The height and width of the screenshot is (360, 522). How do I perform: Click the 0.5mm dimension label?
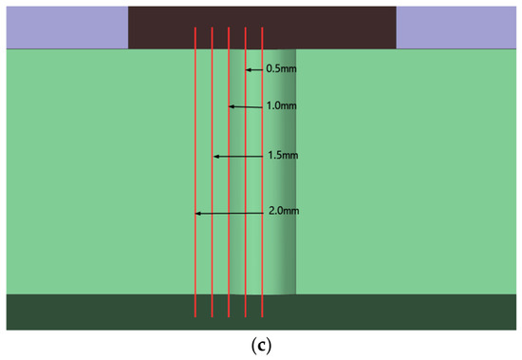click(x=281, y=69)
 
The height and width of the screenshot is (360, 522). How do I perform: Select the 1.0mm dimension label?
click(x=281, y=106)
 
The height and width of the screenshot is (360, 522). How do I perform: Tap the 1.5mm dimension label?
click(x=284, y=156)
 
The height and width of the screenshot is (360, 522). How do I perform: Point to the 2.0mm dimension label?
click(x=284, y=211)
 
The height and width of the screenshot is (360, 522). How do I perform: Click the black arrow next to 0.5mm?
click(x=254, y=69)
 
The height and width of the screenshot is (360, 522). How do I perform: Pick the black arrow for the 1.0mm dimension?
click(x=246, y=106)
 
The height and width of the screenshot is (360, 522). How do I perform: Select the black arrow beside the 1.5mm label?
click(x=238, y=157)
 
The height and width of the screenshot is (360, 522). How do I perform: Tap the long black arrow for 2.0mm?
click(x=230, y=214)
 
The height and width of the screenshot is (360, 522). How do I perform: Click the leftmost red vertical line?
click(x=196, y=172)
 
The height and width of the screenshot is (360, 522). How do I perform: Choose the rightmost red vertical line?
click(x=262, y=172)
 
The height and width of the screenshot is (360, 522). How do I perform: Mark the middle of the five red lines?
click(x=229, y=172)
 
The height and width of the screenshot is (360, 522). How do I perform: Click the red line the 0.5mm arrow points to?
click(x=246, y=172)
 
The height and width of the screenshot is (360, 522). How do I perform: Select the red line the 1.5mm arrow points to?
click(x=212, y=172)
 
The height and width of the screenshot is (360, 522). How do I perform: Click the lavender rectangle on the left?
click(x=67, y=28)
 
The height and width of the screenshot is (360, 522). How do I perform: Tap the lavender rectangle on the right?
click(x=457, y=28)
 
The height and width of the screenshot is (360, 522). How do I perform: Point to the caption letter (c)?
click(x=261, y=347)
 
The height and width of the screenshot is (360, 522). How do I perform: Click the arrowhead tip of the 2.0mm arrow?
click(x=196, y=214)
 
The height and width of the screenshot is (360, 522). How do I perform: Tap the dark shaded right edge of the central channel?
click(x=289, y=172)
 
